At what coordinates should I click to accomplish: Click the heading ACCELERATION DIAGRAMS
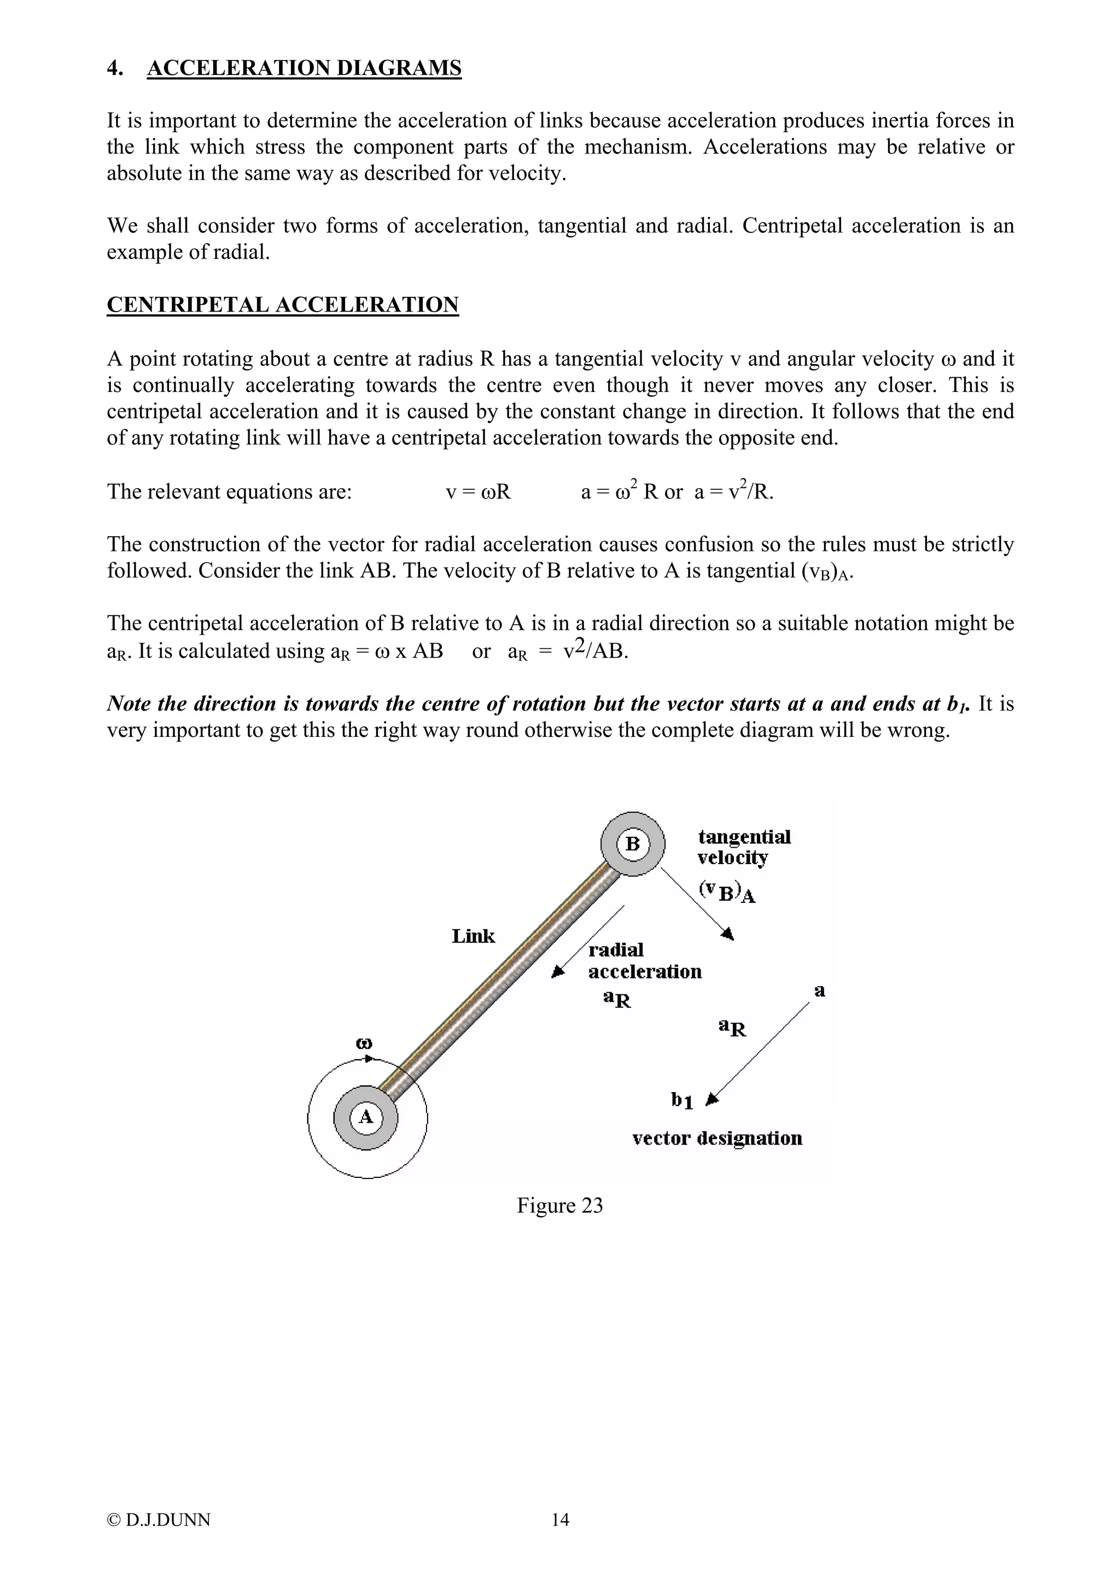tap(304, 68)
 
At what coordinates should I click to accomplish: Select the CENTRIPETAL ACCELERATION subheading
tap(282, 305)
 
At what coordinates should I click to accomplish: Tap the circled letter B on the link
tap(632, 844)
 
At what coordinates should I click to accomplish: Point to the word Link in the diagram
tap(474, 936)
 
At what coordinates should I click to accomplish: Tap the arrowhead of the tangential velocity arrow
tap(728, 934)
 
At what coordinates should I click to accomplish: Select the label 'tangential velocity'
tap(743, 847)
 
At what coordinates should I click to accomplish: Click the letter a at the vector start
tap(820, 992)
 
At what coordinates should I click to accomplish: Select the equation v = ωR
tap(478, 492)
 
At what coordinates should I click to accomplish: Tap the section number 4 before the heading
tap(114, 68)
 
